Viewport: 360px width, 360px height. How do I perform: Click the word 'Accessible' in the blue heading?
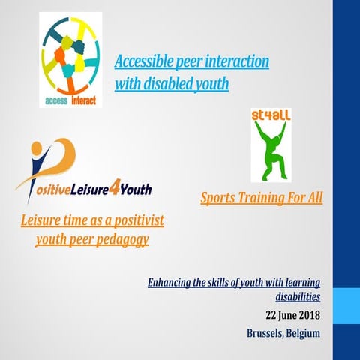[144, 61]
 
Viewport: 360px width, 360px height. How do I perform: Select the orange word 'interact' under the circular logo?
[84, 100]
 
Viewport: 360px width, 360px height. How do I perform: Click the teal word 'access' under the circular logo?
[56, 100]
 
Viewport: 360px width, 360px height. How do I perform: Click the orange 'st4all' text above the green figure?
[271, 115]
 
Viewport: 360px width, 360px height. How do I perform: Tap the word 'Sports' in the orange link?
[217, 198]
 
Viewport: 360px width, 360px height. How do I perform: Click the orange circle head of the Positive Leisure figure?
[37, 148]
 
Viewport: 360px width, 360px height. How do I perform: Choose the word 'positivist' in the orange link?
[139, 220]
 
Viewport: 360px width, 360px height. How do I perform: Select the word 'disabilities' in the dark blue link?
[298, 297]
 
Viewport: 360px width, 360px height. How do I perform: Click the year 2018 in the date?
[310, 315]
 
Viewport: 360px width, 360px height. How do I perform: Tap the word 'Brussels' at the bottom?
[265, 333]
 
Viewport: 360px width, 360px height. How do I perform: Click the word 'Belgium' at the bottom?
[303, 334]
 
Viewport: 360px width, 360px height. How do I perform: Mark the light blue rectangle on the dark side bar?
[346, 306]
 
